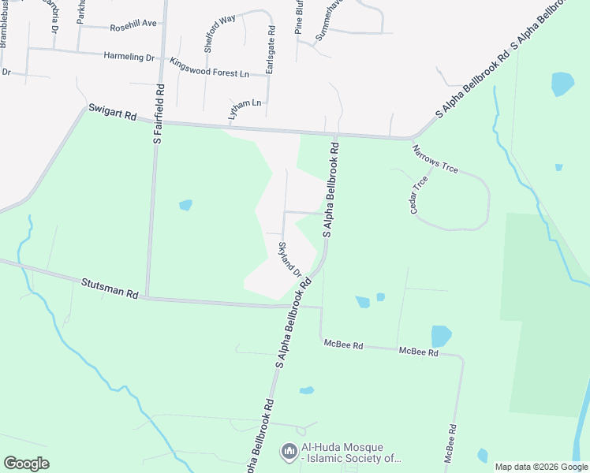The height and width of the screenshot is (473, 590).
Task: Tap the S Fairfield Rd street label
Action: point(159,114)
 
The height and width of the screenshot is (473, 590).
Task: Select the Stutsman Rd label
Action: point(110,289)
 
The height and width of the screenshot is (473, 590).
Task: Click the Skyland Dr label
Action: point(289,260)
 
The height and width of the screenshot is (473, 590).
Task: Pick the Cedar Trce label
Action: point(418,195)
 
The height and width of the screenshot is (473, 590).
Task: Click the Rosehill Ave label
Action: point(133,26)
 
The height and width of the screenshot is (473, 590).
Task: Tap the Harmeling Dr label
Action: point(129,57)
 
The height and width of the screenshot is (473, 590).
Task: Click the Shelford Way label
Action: point(219,33)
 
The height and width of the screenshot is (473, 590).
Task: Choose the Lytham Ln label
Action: point(244,109)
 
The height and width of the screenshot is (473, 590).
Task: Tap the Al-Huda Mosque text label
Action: point(351,452)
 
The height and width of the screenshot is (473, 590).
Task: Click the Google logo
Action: point(26,464)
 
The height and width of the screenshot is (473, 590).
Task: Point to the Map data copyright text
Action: point(541,467)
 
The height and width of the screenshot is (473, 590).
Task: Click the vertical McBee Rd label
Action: point(452,445)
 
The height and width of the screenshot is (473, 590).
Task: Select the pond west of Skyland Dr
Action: point(185,205)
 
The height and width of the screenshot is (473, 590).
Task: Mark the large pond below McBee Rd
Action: point(441,336)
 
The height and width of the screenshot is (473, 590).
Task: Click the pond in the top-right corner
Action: point(562,83)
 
